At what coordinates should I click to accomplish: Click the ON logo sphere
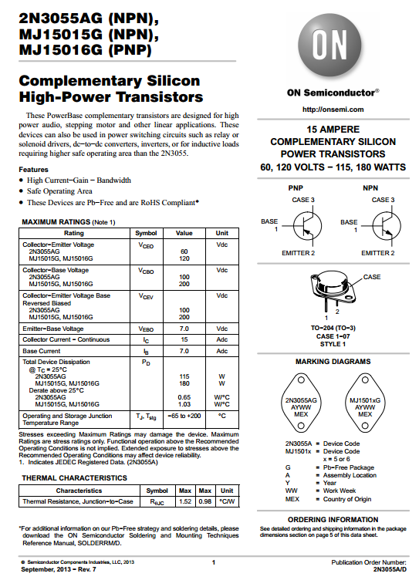click(329, 46)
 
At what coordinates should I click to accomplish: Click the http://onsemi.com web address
click(333, 110)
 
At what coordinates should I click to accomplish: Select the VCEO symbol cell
click(146, 245)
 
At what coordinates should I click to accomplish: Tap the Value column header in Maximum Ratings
click(184, 233)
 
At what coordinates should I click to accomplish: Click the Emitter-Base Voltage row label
click(53, 329)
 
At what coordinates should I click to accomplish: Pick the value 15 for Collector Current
click(184, 339)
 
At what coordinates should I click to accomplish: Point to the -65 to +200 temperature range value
click(184, 416)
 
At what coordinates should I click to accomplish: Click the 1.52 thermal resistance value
click(185, 501)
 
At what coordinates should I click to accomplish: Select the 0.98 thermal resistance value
click(204, 501)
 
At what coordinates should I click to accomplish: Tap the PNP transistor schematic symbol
click(307, 226)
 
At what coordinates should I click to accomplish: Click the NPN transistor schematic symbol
click(386, 226)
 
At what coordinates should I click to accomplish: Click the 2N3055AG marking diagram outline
click(301, 403)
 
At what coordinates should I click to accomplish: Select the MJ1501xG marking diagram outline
click(365, 403)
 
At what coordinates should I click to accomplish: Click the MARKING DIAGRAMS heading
click(333, 362)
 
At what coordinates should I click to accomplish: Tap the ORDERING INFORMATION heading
click(333, 519)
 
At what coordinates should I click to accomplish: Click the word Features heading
click(33, 170)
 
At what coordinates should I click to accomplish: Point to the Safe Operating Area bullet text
click(59, 191)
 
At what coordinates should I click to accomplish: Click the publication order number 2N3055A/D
click(390, 569)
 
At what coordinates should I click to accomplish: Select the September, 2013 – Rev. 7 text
click(59, 569)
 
